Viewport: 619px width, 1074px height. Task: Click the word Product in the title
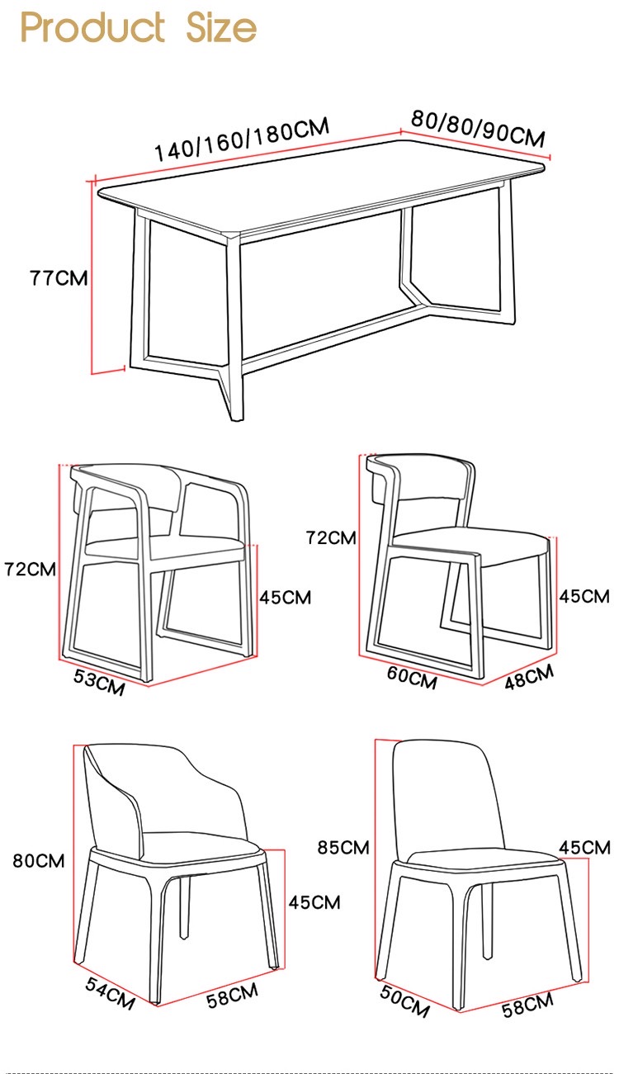[92, 27]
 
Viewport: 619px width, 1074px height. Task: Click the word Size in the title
[221, 27]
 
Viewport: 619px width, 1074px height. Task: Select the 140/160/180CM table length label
[242, 138]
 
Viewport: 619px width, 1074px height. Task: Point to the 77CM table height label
[59, 278]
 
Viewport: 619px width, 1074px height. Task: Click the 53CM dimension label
[99, 682]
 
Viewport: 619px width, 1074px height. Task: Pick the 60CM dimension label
[412, 678]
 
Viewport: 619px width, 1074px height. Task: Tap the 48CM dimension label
[529, 677]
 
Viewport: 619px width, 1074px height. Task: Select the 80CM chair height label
[38, 861]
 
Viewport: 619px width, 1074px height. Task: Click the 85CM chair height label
[343, 847]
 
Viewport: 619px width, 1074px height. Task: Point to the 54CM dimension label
[110, 993]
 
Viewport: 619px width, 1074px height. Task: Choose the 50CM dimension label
[404, 1001]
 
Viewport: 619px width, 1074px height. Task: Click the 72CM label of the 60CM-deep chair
[331, 537]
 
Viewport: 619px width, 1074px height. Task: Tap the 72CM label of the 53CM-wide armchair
[31, 569]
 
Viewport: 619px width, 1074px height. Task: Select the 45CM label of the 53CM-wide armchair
[286, 598]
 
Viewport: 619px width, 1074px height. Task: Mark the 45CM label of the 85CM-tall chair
[584, 847]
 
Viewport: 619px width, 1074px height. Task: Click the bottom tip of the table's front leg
[235, 420]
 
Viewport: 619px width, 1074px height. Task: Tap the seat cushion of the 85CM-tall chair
[484, 860]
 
